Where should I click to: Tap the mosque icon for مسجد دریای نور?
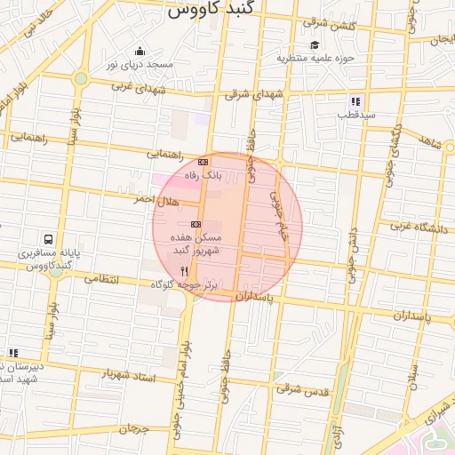[140, 51]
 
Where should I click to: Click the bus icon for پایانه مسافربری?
[47, 239]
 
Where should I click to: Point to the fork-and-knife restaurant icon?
[183, 271]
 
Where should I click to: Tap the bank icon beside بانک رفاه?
[203, 162]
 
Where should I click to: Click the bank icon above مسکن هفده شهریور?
[196, 224]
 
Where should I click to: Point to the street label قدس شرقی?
[302, 388]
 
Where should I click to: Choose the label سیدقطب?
[355, 115]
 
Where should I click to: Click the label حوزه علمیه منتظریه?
[315, 59]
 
